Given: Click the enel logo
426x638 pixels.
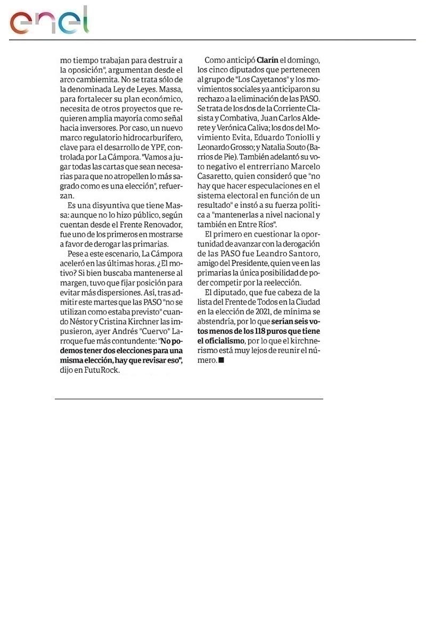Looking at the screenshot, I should [49, 21].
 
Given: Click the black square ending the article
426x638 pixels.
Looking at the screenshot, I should [222, 360].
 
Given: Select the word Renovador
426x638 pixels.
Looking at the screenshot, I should [160, 225].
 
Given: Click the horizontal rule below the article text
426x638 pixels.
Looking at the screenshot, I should [189, 399].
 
